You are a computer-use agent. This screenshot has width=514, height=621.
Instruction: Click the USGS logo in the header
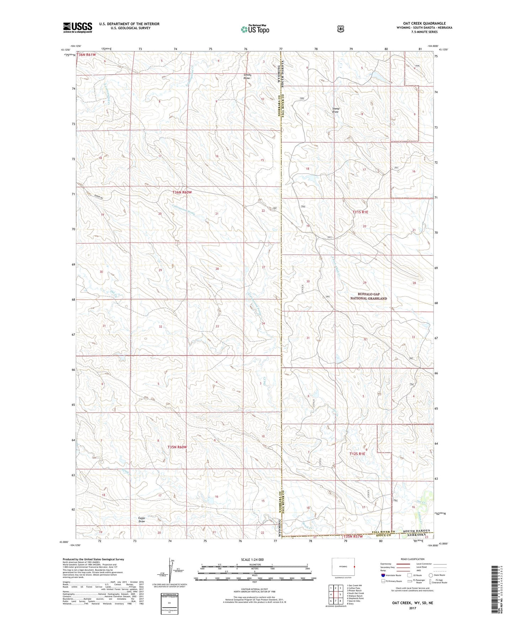pos(78,27)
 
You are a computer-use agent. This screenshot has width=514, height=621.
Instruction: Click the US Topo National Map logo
pos(254,29)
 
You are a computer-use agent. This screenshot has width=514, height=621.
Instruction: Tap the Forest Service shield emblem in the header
pos(341,28)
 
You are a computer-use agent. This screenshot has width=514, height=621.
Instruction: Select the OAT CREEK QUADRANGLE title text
pos(423,23)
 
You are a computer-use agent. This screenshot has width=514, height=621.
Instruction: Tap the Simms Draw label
pos(247,76)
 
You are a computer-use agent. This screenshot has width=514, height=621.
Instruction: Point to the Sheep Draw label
pos(335,110)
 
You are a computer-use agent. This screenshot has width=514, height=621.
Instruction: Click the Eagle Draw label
pos(142,520)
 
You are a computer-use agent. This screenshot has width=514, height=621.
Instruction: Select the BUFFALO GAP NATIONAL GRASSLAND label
pos(367,296)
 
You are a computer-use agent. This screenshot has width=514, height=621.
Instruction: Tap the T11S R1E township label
pos(360,212)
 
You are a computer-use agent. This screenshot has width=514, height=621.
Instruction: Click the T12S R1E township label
pos(357,454)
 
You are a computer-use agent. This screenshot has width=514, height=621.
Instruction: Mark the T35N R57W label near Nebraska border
pos(353,537)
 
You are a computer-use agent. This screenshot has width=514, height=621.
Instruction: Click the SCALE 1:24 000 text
pos(252,560)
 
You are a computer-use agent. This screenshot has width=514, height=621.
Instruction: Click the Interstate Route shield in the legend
pos(383,575)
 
